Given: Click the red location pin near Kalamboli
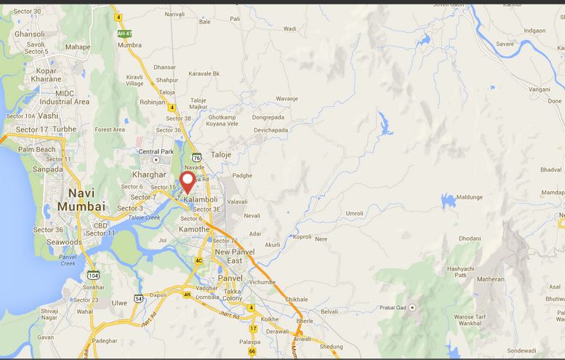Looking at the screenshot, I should click(x=187, y=180).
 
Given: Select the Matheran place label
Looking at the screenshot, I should click(x=490, y=279).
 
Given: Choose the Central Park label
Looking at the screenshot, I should click(x=156, y=151).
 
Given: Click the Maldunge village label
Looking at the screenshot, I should click(x=469, y=197).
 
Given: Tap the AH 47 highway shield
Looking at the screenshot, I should click(x=125, y=33).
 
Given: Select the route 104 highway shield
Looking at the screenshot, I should click(x=93, y=276).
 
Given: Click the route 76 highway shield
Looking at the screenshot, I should click(x=196, y=156).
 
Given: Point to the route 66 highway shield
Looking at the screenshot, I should click(x=252, y=351).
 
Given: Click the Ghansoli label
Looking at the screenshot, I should click(x=29, y=34).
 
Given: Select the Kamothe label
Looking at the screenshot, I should click(x=194, y=229).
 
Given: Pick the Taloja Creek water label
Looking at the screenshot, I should click(x=143, y=217).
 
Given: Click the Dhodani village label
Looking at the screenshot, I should click(x=469, y=239).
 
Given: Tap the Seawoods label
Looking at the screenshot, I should click(x=64, y=242).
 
